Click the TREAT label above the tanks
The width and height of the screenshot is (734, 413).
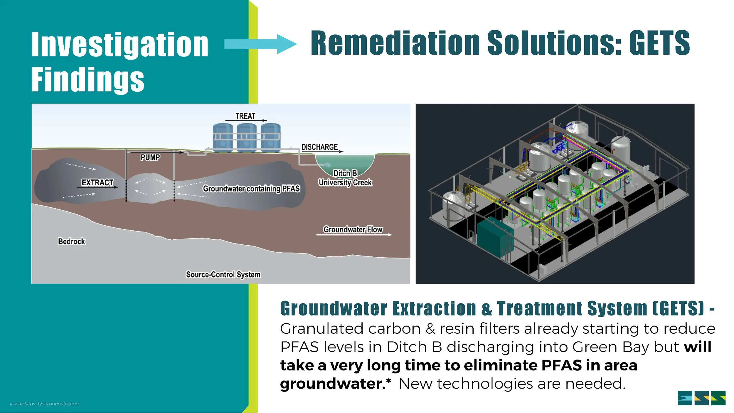(x=245, y=116)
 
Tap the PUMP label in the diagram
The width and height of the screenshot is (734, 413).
(x=150, y=157)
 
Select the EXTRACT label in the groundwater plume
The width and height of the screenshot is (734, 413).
(x=97, y=183)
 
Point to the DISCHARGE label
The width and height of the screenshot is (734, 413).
(x=319, y=147)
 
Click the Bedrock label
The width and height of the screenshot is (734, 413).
(x=71, y=241)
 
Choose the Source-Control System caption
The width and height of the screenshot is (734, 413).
(x=223, y=275)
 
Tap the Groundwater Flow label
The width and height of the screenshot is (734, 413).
(x=353, y=229)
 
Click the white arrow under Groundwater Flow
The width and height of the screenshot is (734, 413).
(x=354, y=235)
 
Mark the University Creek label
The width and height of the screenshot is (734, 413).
(x=345, y=183)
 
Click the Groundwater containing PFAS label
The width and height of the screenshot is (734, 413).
(x=251, y=189)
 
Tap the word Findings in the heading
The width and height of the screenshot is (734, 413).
(x=88, y=79)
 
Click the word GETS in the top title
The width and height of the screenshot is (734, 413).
(x=659, y=43)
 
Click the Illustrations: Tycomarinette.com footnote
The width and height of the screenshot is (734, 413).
(x=45, y=404)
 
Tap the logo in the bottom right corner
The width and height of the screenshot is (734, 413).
(x=701, y=398)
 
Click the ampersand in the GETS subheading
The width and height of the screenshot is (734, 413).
(x=487, y=309)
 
